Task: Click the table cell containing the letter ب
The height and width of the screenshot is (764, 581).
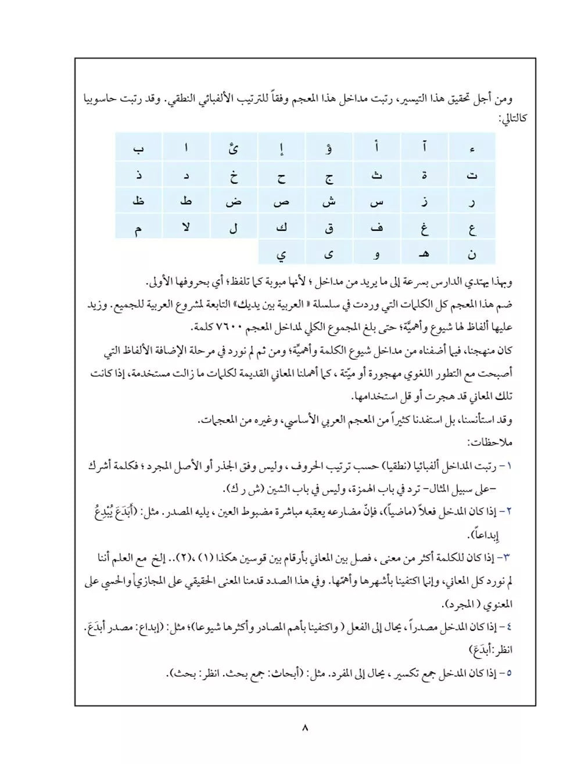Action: point(139,148)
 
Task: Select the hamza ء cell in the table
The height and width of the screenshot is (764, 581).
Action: point(472,148)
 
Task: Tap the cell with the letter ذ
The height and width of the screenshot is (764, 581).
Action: point(139,175)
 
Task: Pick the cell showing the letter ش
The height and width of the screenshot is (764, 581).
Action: point(329,201)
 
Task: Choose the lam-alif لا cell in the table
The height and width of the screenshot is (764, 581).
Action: point(186,227)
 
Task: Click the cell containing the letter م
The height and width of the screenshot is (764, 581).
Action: point(139,227)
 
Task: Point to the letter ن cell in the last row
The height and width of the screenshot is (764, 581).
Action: point(472,254)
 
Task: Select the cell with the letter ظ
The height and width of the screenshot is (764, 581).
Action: point(139,201)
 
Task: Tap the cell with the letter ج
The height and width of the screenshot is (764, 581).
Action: point(329,175)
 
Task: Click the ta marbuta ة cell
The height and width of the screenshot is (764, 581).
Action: point(424,175)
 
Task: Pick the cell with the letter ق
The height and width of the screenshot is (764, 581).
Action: point(329,227)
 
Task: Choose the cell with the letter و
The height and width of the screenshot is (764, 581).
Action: point(376,254)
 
